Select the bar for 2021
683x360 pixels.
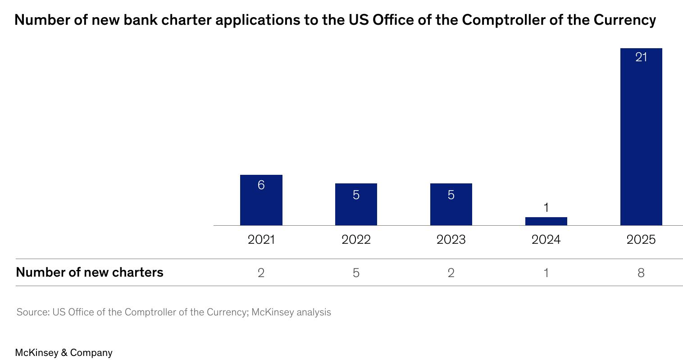(x=261, y=200)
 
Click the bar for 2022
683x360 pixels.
(x=356, y=204)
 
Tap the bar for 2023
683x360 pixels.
(x=451, y=204)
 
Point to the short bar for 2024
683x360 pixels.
(x=546, y=221)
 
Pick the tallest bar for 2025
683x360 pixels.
(x=641, y=137)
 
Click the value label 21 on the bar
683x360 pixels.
(x=641, y=57)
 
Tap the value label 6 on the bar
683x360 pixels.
(x=261, y=185)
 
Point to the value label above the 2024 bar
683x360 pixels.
(x=546, y=208)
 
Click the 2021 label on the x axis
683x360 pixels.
(x=261, y=240)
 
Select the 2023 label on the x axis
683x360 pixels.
(x=451, y=240)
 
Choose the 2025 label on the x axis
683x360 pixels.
(x=641, y=240)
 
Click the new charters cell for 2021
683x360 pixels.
(x=261, y=273)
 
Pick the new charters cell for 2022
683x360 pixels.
(x=356, y=273)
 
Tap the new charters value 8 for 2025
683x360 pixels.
(x=641, y=273)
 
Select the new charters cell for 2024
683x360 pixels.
(x=546, y=273)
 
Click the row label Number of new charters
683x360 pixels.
(x=90, y=272)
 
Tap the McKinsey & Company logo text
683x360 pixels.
(x=64, y=353)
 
